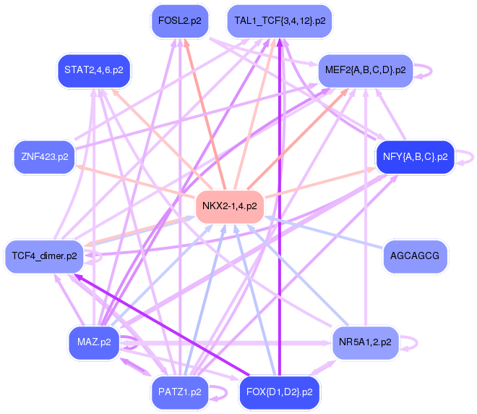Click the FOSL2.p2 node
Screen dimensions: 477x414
coord(180,21)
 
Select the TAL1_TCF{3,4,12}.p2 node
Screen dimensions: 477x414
coord(280,21)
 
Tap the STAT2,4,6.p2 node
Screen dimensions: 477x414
coord(94,70)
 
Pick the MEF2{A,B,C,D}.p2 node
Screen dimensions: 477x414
coord(366,70)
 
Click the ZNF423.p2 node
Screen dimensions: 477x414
coord(44,157)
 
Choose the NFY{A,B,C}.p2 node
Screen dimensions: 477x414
coord(416,157)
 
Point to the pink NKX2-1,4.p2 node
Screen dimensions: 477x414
coord(230,206)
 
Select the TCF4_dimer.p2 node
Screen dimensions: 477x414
coord(44,256)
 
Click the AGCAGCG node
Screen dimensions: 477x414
coord(415,256)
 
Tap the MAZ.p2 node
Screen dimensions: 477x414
coord(94,342)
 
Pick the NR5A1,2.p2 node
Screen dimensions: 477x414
coord(366,342)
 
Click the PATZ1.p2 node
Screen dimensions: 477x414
coord(180,392)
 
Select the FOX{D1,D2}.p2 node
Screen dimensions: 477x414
coord(280,392)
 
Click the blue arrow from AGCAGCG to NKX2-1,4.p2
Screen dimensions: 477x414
coord(323,232)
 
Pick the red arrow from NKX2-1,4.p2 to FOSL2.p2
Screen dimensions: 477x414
coord(205,114)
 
